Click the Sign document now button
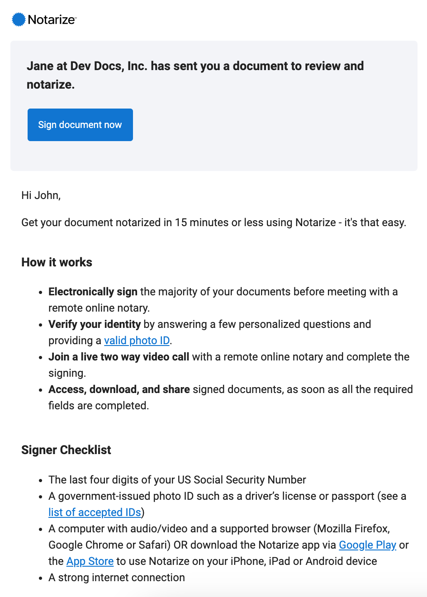tap(80, 125)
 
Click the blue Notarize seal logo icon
tap(19, 19)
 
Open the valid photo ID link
tap(137, 341)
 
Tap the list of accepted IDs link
tap(95, 512)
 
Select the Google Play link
tap(367, 545)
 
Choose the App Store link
tap(90, 561)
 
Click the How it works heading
tap(57, 262)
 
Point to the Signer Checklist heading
tap(66, 450)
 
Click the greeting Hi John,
tap(41, 195)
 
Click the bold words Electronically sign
tap(93, 292)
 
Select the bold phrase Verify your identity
tap(95, 324)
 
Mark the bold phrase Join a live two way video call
tap(119, 357)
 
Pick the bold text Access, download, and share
tap(119, 389)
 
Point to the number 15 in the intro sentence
tap(180, 223)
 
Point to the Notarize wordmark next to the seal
tap(52, 19)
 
